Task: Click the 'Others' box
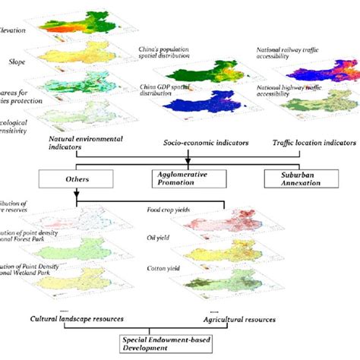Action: click(x=76, y=178)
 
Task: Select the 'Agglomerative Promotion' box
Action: click(x=180, y=179)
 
